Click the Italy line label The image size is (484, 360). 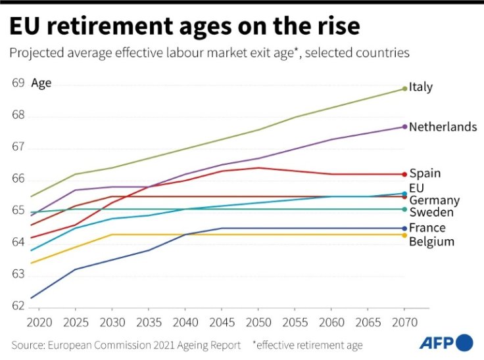[x=421, y=87]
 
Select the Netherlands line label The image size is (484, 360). [x=443, y=127]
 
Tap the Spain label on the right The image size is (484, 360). [x=425, y=174]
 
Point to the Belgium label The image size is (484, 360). [x=431, y=242]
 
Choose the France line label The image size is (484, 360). [x=427, y=228]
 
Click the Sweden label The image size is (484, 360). [x=431, y=213]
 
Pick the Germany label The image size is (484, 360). [x=434, y=200]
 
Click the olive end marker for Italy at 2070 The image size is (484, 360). [x=404, y=88]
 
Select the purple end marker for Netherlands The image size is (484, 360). [x=404, y=127]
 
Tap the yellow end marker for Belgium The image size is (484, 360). [x=404, y=235]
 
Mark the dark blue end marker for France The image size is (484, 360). [x=404, y=228]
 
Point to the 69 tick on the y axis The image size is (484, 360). [x=18, y=83]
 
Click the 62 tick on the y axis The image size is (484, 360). [x=18, y=305]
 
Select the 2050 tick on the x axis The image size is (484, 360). [x=258, y=323]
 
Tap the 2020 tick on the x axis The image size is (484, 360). [x=40, y=323]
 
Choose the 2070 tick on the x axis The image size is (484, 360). [x=404, y=323]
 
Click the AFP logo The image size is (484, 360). [x=446, y=343]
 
